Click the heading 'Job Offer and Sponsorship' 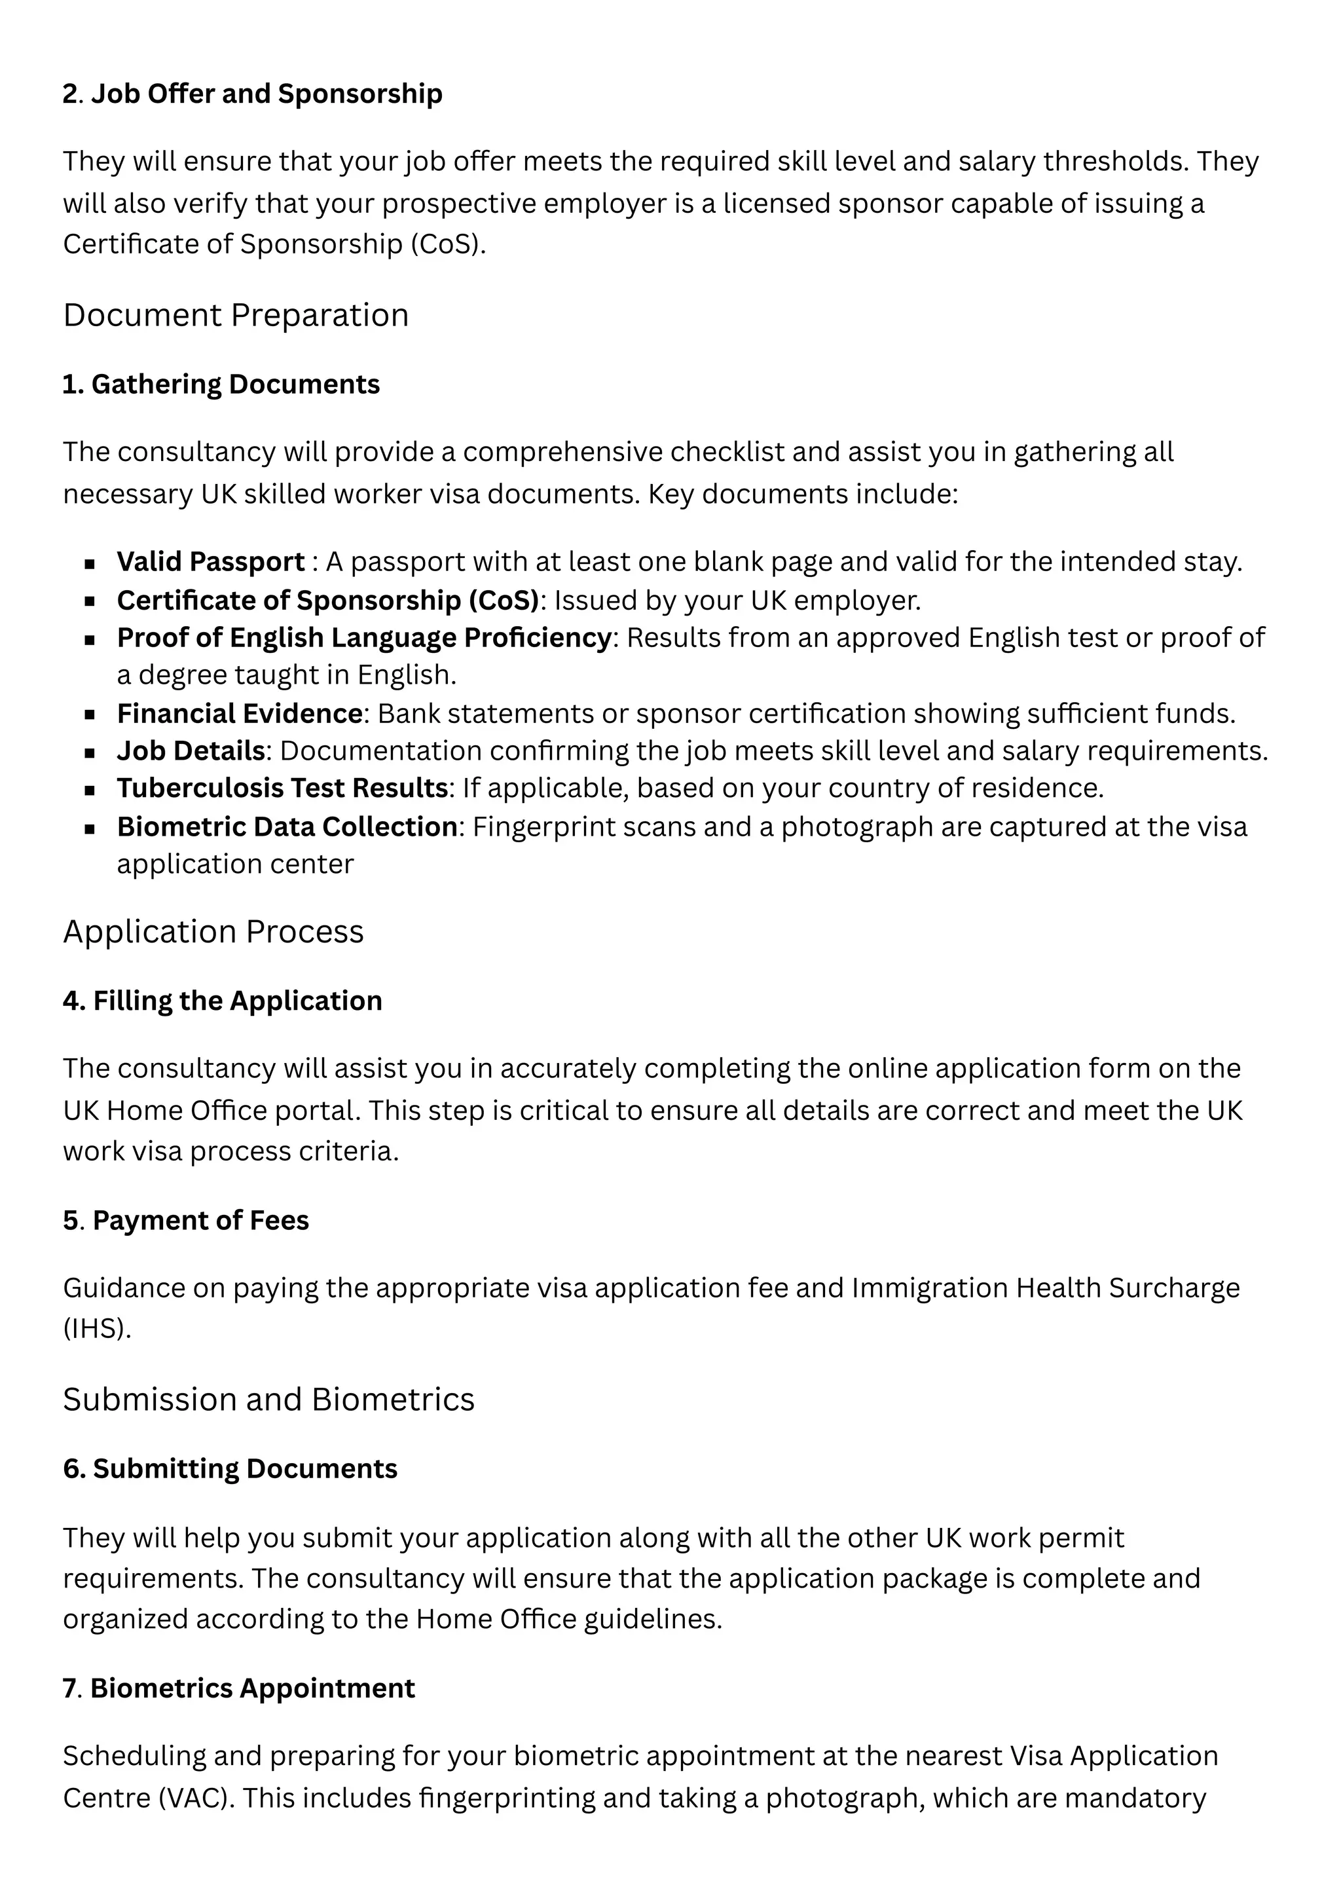[x=266, y=94]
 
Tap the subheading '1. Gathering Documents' [x=221, y=385]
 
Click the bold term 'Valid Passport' [x=211, y=563]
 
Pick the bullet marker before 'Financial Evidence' [x=90, y=715]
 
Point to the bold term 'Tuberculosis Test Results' [x=282, y=789]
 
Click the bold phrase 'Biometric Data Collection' [x=287, y=827]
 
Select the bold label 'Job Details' [x=191, y=751]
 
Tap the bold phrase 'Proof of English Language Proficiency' [x=363, y=639]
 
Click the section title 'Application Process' [x=213, y=933]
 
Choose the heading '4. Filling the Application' [x=222, y=1001]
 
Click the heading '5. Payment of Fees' [x=186, y=1221]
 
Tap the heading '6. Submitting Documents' [x=230, y=1469]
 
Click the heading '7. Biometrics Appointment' [x=238, y=1689]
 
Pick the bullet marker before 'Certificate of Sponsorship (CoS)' [x=90, y=601]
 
